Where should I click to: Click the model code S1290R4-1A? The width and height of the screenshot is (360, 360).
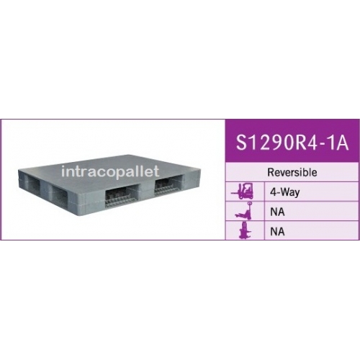292,143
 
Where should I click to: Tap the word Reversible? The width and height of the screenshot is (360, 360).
292,172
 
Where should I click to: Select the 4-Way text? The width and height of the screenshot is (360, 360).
285,192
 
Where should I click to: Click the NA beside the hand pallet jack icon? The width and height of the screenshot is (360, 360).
277,212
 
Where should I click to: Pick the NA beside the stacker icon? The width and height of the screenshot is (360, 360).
277,232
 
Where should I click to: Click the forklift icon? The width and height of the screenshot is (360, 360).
242,192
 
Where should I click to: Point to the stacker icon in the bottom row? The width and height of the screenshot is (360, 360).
245,230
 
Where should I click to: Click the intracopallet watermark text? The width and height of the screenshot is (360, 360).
110,171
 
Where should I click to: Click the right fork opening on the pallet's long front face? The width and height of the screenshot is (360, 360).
169,186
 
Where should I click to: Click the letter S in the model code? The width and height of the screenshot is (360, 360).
242,143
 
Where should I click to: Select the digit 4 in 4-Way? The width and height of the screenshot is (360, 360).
273,192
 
